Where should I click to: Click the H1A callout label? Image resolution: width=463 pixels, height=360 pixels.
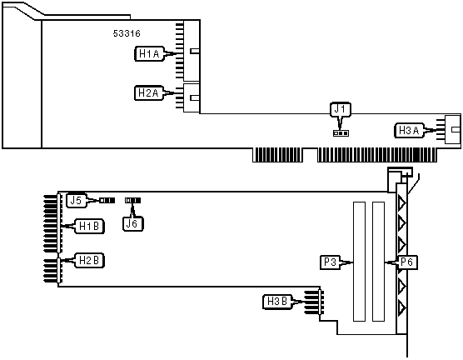[x=149, y=54]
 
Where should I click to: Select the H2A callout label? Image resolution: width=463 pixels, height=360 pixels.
[x=149, y=93]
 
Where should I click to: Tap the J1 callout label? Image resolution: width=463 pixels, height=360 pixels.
[x=340, y=109]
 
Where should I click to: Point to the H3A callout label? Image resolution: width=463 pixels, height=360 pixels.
[x=409, y=130]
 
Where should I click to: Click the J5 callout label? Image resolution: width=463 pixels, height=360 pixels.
[x=76, y=200]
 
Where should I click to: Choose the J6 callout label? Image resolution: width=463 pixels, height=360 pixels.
[x=132, y=223]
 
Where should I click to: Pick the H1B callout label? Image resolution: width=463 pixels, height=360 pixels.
[x=89, y=227]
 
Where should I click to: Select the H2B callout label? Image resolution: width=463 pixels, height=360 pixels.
[x=89, y=260]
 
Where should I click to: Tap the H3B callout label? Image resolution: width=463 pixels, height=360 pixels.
[x=277, y=302]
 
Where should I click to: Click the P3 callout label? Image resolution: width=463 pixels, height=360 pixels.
[x=331, y=262]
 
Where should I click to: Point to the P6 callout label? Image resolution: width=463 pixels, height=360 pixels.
[x=407, y=262]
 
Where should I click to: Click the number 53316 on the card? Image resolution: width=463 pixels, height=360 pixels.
[x=127, y=33]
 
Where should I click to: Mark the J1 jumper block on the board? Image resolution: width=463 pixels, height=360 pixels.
[x=341, y=133]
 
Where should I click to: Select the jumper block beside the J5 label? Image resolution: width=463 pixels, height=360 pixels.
[x=107, y=200]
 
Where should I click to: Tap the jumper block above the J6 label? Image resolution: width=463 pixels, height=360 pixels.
[x=132, y=200]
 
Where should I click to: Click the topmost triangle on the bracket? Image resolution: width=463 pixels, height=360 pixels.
[x=401, y=202]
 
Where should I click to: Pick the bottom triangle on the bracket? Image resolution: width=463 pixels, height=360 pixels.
[x=401, y=307]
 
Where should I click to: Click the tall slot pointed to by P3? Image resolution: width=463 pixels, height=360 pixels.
[x=360, y=262]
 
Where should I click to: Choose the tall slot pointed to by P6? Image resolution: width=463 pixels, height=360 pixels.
[x=379, y=262]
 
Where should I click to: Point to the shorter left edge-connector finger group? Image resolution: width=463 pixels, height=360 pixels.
[x=278, y=155]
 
